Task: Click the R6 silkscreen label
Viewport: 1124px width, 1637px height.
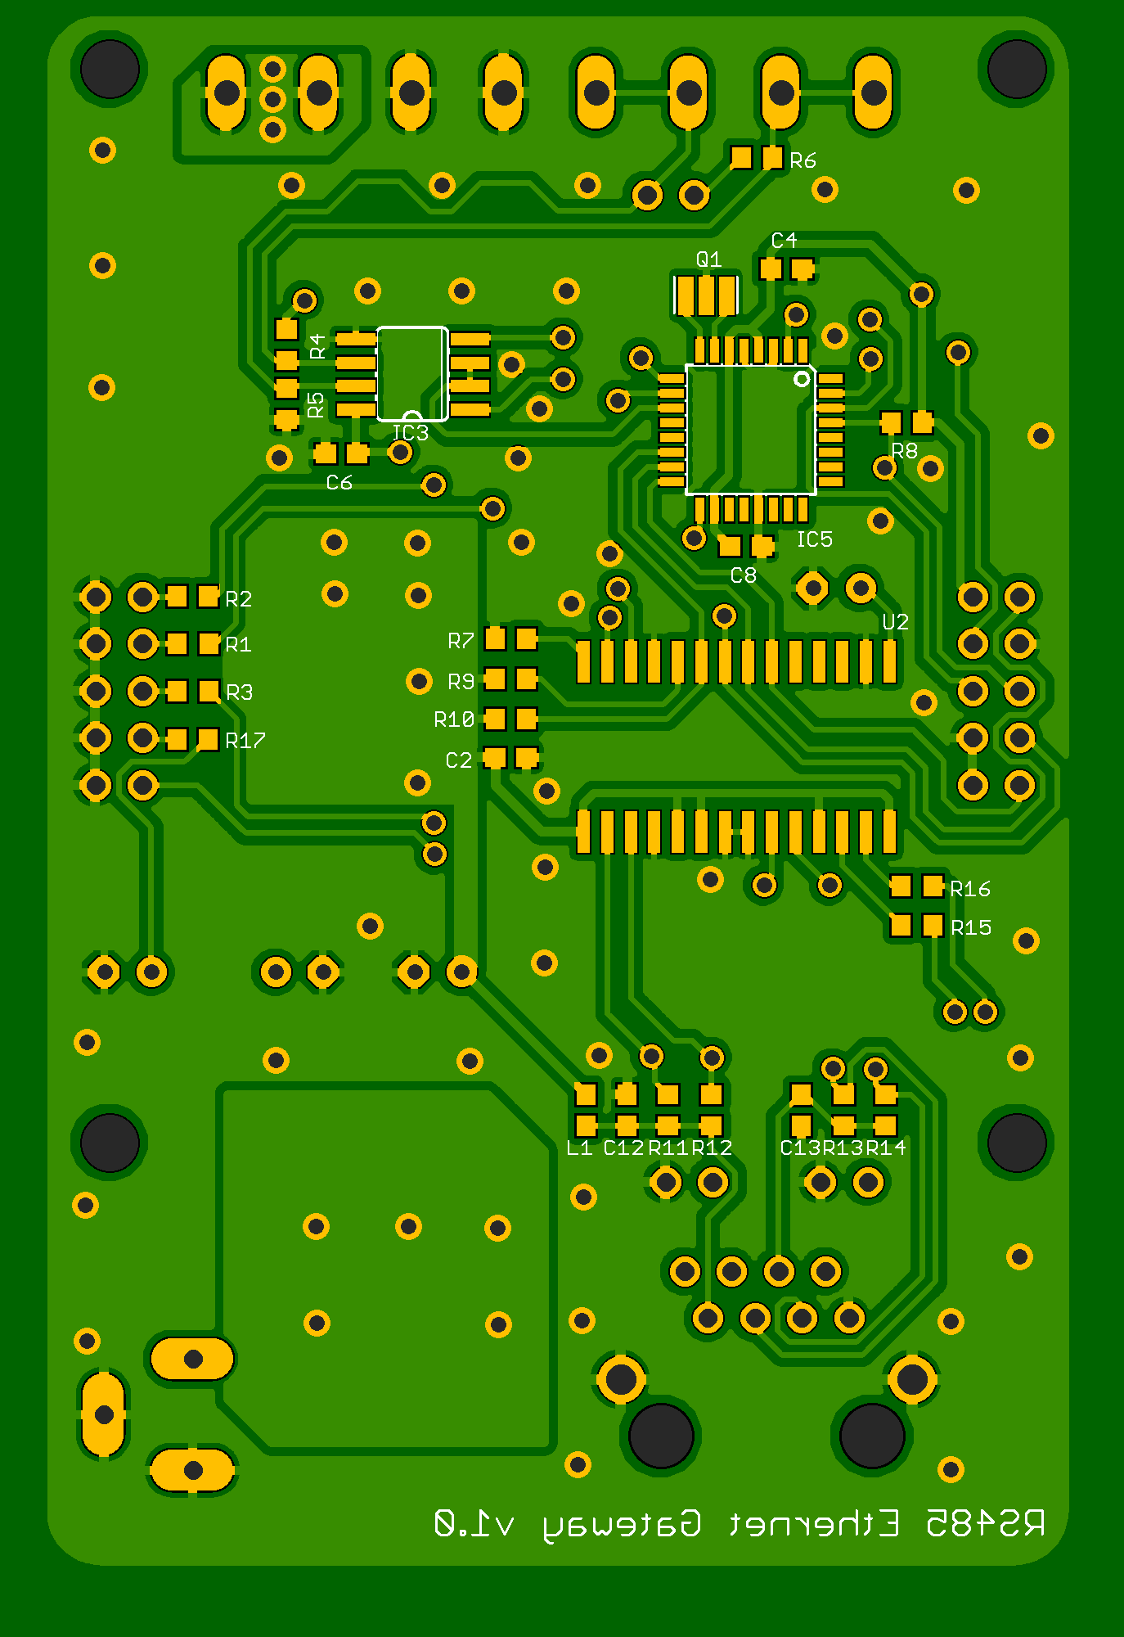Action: pos(803,160)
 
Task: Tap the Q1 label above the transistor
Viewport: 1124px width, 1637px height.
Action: pos(708,259)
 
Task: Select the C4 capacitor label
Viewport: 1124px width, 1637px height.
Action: pos(784,240)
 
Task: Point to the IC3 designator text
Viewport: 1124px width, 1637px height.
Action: pos(410,432)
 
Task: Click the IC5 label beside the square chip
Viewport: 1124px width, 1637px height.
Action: pos(814,539)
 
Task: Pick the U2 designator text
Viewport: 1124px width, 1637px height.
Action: pos(895,622)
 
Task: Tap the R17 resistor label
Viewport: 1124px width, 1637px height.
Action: pos(245,741)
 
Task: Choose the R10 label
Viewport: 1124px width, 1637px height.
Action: pos(454,719)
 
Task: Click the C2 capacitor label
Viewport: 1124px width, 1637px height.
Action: pos(459,760)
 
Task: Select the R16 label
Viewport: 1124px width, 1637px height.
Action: pos(970,888)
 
